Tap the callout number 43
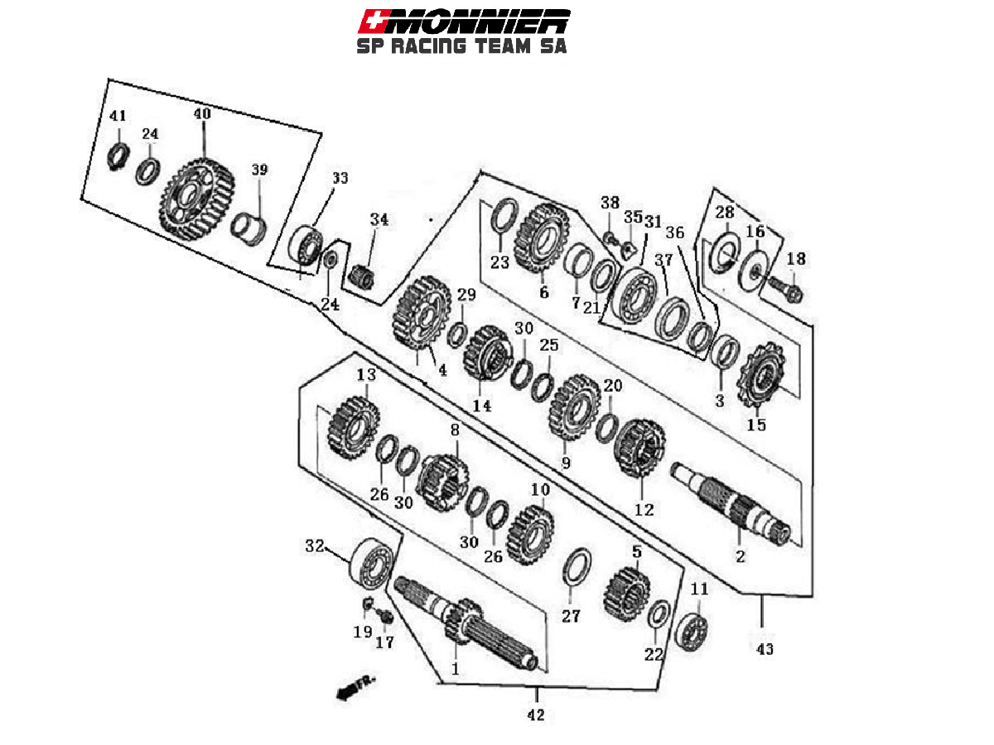(764, 650)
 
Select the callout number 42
(536, 714)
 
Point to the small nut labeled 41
(118, 153)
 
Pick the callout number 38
(610, 203)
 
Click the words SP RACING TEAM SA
(461, 46)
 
